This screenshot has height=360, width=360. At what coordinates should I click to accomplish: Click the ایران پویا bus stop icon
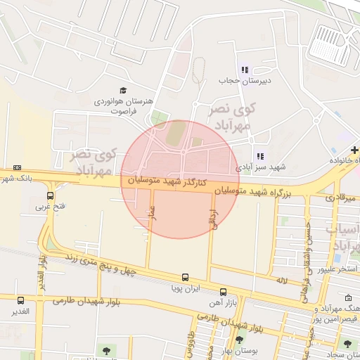(x=185, y=277)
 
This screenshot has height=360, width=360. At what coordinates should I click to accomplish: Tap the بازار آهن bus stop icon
(x=223, y=291)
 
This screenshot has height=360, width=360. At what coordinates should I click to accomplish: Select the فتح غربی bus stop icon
(x=50, y=195)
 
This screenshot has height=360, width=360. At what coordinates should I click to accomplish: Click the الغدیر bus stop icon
(x=20, y=300)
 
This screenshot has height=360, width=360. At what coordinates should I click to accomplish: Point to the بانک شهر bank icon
(x=17, y=168)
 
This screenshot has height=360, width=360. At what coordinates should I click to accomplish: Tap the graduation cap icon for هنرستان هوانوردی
(x=124, y=90)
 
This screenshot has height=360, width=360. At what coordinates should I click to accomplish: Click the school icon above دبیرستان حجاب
(x=244, y=69)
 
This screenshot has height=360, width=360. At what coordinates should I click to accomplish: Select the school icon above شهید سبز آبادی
(x=259, y=156)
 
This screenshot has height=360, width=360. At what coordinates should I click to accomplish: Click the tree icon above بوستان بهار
(x=239, y=340)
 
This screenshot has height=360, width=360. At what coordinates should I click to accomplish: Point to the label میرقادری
(x=342, y=199)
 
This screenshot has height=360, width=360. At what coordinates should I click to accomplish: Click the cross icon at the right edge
(x=355, y=150)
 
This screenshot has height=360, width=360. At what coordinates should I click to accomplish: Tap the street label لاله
(x=281, y=280)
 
